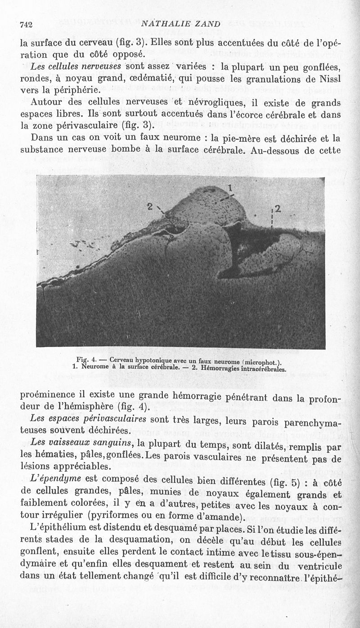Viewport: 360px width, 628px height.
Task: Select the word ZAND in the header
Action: tap(208, 24)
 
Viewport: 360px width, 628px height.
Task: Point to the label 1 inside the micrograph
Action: tap(230, 188)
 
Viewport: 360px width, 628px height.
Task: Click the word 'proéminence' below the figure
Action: tap(48, 396)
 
